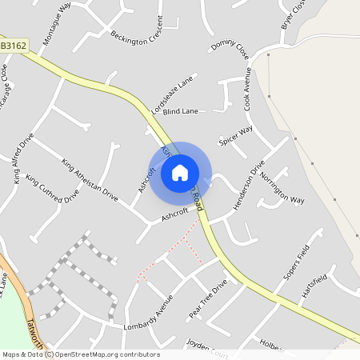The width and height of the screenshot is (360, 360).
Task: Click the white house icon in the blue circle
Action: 180,172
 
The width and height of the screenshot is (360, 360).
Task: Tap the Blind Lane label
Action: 179,112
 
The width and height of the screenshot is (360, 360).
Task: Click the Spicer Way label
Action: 236,135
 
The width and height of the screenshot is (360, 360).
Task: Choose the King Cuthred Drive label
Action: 52,189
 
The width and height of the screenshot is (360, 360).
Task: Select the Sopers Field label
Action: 295,265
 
